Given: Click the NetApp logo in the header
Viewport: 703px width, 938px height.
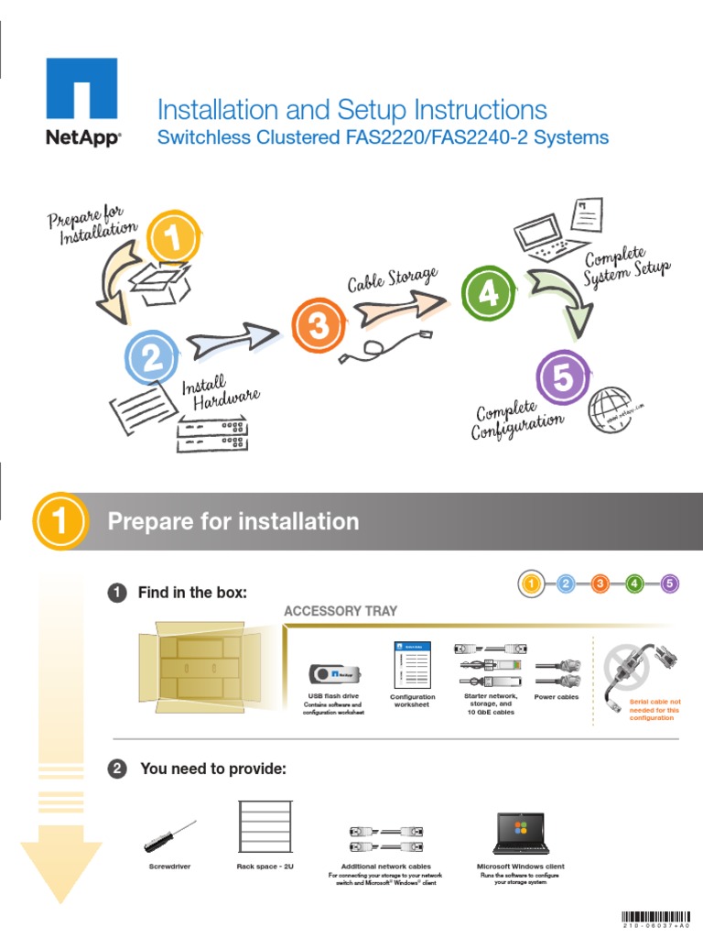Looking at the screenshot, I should pyautogui.click(x=81, y=102).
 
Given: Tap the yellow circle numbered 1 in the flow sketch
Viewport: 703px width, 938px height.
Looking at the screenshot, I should pyautogui.click(x=170, y=241).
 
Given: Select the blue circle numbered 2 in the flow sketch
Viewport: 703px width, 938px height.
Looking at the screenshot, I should pyautogui.click(x=153, y=358).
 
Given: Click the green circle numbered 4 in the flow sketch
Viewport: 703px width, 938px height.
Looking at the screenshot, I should pyautogui.click(x=488, y=293).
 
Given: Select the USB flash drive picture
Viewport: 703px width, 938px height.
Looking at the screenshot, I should pyautogui.click(x=333, y=674).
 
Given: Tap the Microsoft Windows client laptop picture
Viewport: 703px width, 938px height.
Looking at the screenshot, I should pyautogui.click(x=520, y=832).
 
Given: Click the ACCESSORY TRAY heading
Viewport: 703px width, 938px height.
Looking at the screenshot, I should pyautogui.click(x=341, y=611).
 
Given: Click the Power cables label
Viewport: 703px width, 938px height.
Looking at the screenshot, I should pyautogui.click(x=557, y=698).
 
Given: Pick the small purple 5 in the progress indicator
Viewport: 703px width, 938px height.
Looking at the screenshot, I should pyautogui.click(x=669, y=583).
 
